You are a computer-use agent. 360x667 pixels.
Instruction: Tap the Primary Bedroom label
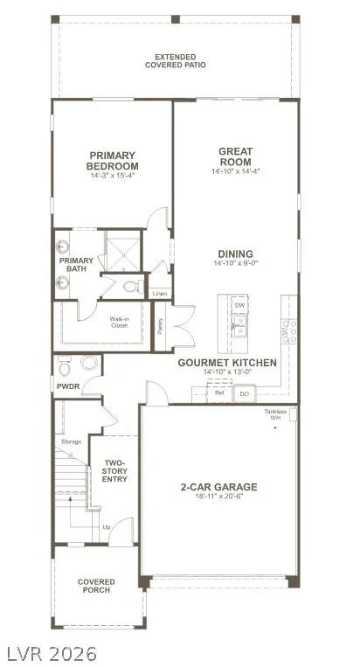click(113, 161)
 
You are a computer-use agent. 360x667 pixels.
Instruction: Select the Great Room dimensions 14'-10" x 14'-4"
click(235, 172)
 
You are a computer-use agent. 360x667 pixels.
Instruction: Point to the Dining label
click(235, 253)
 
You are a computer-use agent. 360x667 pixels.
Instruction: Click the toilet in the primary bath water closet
click(132, 287)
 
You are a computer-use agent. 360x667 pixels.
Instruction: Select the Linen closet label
click(159, 294)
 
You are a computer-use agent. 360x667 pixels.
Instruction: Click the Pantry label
click(160, 325)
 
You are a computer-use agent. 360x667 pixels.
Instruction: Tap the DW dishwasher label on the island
click(239, 305)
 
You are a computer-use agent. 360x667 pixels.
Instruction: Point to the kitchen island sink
click(239, 327)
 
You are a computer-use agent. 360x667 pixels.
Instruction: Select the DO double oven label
click(245, 394)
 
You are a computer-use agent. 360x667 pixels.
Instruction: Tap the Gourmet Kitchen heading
click(227, 362)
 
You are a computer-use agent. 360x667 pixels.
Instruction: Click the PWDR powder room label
click(68, 385)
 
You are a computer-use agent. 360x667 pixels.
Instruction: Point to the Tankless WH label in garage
click(278, 414)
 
